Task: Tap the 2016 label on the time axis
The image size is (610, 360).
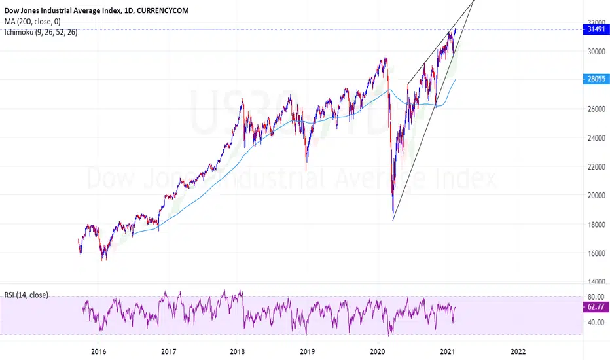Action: (x=99, y=351)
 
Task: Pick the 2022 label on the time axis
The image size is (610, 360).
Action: (x=518, y=351)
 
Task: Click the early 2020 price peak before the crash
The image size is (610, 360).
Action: (x=386, y=58)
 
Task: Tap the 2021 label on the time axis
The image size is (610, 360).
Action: (x=448, y=351)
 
